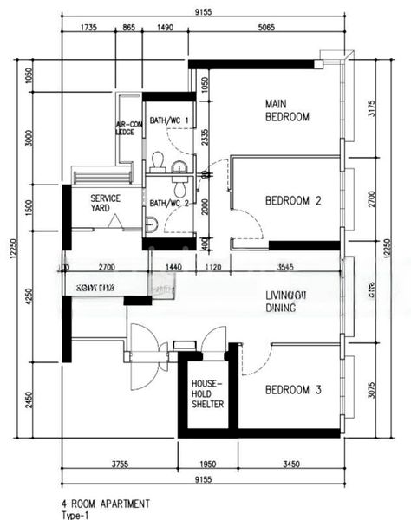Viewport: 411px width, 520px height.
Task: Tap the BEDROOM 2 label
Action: coord(293,201)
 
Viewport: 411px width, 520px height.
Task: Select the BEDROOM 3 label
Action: coord(293,390)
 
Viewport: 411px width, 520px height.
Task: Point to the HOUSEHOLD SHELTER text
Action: coord(207,393)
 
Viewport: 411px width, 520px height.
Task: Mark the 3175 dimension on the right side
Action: coord(372,108)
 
